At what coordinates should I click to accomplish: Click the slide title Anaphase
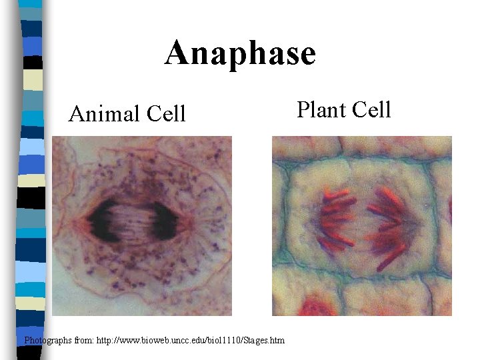240,53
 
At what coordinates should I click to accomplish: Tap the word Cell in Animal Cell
165,114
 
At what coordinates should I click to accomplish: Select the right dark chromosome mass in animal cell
163,222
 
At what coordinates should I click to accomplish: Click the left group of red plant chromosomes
337,217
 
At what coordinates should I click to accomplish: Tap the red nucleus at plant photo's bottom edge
317,309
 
